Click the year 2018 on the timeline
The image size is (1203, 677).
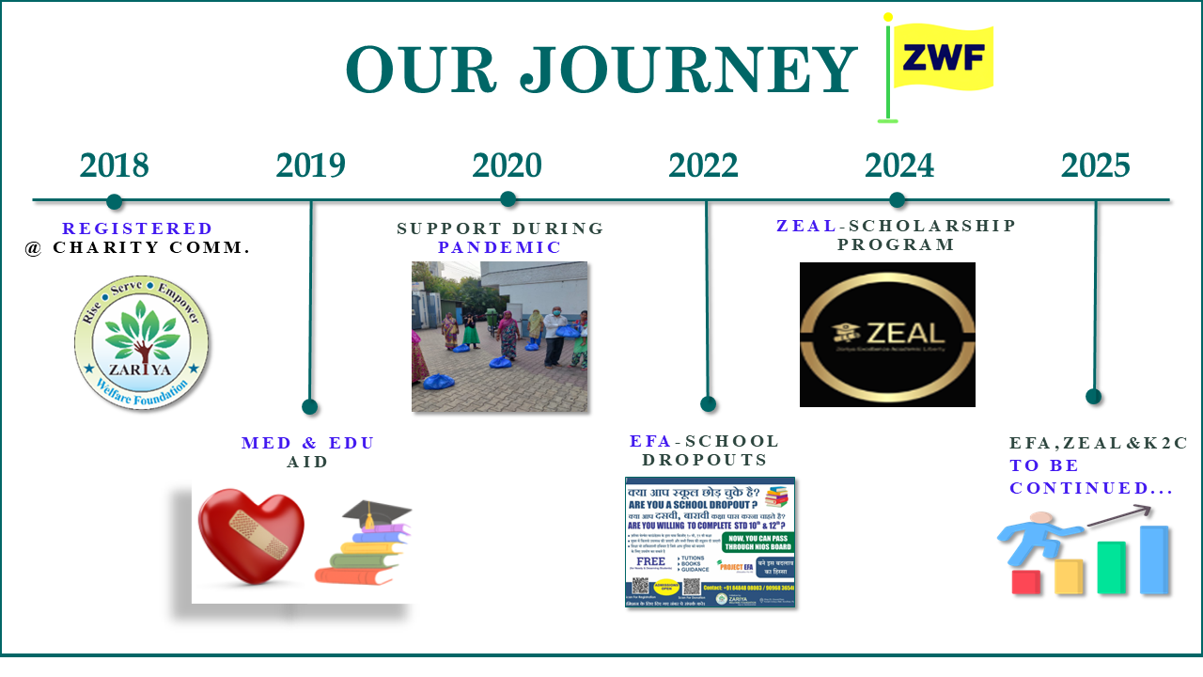click(x=114, y=165)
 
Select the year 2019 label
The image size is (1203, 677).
click(x=310, y=165)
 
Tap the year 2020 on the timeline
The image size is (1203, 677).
click(x=507, y=165)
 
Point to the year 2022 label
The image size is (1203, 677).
click(x=703, y=165)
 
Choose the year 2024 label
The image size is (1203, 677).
click(x=899, y=165)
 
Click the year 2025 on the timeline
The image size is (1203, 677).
click(x=1095, y=165)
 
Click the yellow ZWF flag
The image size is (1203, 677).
click(x=943, y=58)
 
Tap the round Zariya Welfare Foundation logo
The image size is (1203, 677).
click(x=142, y=342)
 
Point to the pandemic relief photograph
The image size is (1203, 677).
click(x=499, y=337)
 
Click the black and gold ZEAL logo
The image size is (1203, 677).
click(x=887, y=334)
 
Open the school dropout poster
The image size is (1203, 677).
click(x=710, y=542)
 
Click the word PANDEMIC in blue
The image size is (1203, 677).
click(x=499, y=247)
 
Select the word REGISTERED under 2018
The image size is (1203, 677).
click(x=137, y=228)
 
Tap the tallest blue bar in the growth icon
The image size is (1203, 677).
click(x=1154, y=559)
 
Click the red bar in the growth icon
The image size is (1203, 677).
click(x=1024, y=582)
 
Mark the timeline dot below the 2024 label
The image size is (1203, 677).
click(x=897, y=199)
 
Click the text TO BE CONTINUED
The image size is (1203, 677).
click(x=1079, y=477)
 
